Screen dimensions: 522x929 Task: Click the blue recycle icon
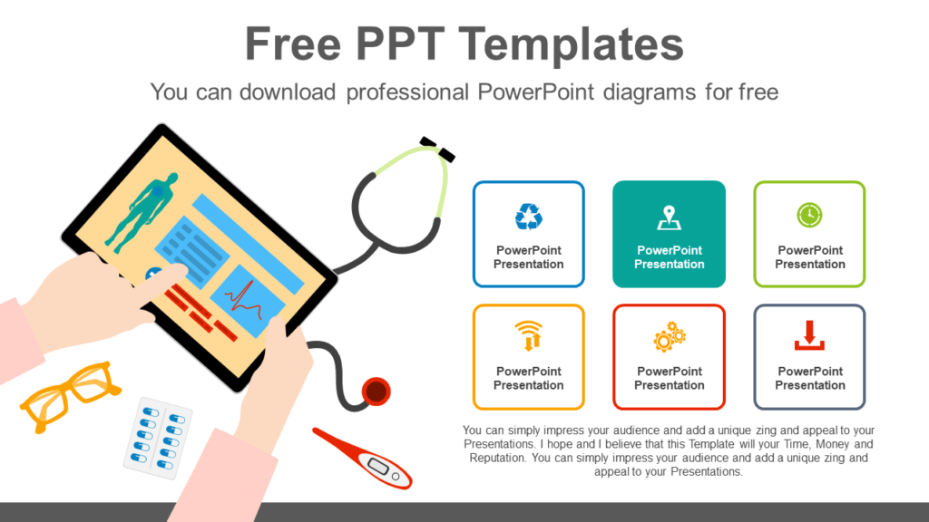[528, 217]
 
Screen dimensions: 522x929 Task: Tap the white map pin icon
[670, 218]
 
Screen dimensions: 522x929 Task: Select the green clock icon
[809, 216]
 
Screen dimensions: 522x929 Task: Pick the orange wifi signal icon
[528, 335]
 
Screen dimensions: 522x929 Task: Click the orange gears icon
[670, 336]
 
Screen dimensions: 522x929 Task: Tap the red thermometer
[363, 457]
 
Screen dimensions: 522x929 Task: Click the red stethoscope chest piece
[376, 391]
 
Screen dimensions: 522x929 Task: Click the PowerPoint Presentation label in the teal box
[670, 257]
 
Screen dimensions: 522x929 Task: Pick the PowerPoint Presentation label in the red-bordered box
[670, 378]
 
